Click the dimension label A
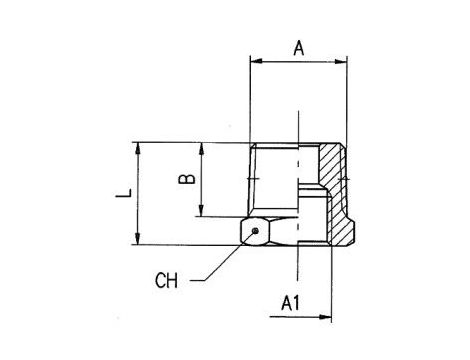point(299,48)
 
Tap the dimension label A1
point(290,303)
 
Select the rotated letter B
point(187,179)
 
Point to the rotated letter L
point(124,193)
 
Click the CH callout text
point(166,280)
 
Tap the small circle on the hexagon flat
point(255,231)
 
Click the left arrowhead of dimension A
point(257,61)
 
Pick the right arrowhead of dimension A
point(340,61)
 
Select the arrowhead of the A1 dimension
point(325,317)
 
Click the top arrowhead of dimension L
point(137,149)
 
